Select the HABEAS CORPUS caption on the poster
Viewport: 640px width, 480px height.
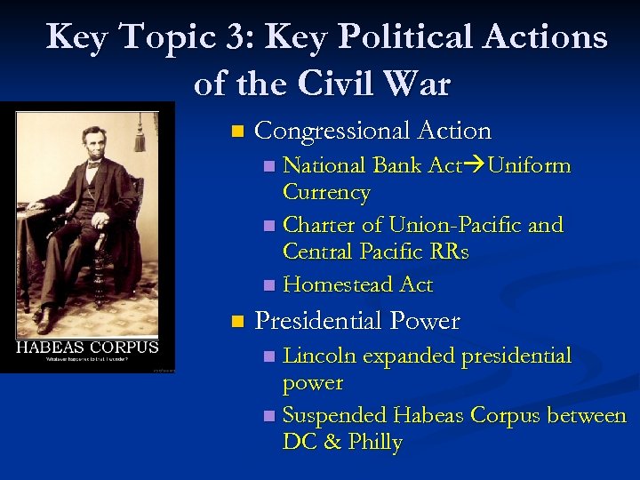pyautogui.click(x=87, y=348)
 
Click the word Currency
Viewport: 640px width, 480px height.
pyautogui.click(x=326, y=193)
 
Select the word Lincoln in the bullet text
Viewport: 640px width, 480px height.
pyautogui.click(x=319, y=356)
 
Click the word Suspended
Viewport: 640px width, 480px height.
pyautogui.click(x=334, y=415)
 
